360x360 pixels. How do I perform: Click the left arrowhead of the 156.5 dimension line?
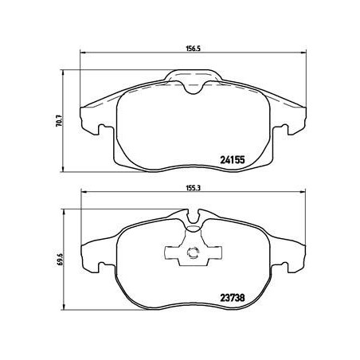click(83, 54)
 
